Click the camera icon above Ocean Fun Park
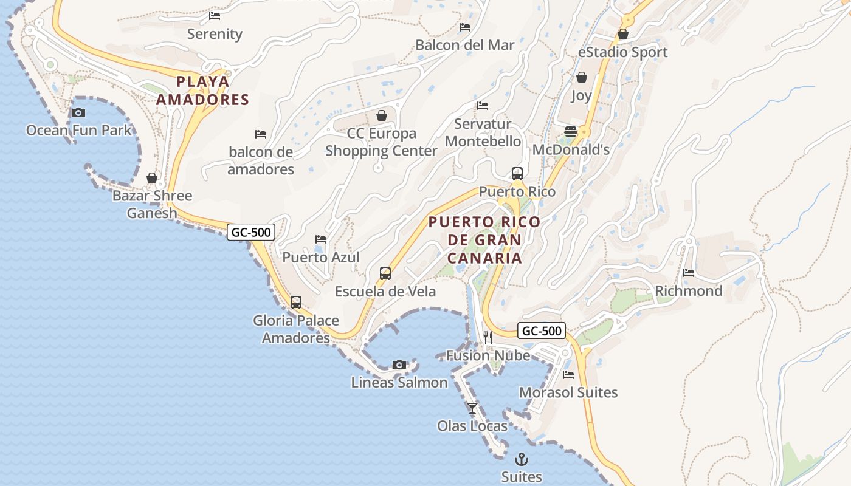pyautogui.click(x=78, y=112)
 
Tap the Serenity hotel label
pyautogui.click(x=215, y=34)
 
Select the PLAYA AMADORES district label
pyautogui.click(x=203, y=91)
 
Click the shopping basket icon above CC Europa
pyautogui.click(x=382, y=115)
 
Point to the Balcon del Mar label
pyautogui.click(x=464, y=45)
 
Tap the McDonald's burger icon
pyautogui.click(x=570, y=131)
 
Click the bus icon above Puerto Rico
pyautogui.click(x=517, y=174)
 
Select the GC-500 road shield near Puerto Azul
pyautogui.click(x=251, y=231)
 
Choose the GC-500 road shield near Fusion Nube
pyautogui.click(x=542, y=331)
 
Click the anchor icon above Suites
pyautogui.click(x=522, y=459)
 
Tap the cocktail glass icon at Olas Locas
pyautogui.click(x=472, y=408)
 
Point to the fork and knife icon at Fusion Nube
pyautogui.click(x=488, y=338)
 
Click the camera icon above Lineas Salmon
pyautogui.click(x=399, y=364)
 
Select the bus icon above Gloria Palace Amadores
pyautogui.click(x=296, y=302)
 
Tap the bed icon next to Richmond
pyautogui.click(x=689, y=273)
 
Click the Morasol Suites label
pyautogui.click(x=568, y=392)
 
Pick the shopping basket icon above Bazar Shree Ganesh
pyautogui.click(x=152, y=178)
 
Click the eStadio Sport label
pyautogui.click(x=622, y=52)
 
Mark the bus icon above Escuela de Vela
pyautogui.click(x=385, y=273)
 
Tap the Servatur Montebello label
pyautogui.click(x=483, y=133)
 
